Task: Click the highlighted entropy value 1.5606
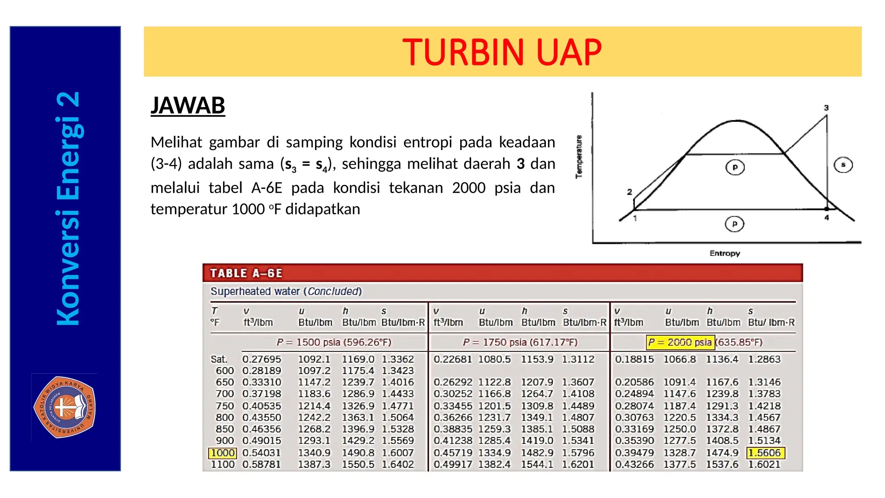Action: (765, 453)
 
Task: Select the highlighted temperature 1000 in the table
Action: (223, 453)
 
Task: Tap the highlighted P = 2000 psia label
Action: (680, 342)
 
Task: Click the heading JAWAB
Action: (188, 105)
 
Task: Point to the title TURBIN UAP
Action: (502, 52)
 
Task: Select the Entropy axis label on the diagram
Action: (725, 253)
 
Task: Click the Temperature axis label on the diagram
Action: (579, 156)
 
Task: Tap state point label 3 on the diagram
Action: (826, 108)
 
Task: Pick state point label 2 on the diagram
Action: (630, 192)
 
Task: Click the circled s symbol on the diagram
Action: (843, 165)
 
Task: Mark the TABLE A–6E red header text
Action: (246, 273)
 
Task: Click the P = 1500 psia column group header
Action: (334, 342)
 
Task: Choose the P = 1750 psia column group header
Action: (520, 342)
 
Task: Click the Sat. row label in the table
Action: (219, 359)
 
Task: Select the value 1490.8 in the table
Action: (358, 453)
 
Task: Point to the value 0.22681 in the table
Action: (452, 359)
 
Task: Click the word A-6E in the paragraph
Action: (267, 188)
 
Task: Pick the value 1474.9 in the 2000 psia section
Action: (722, 453)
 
